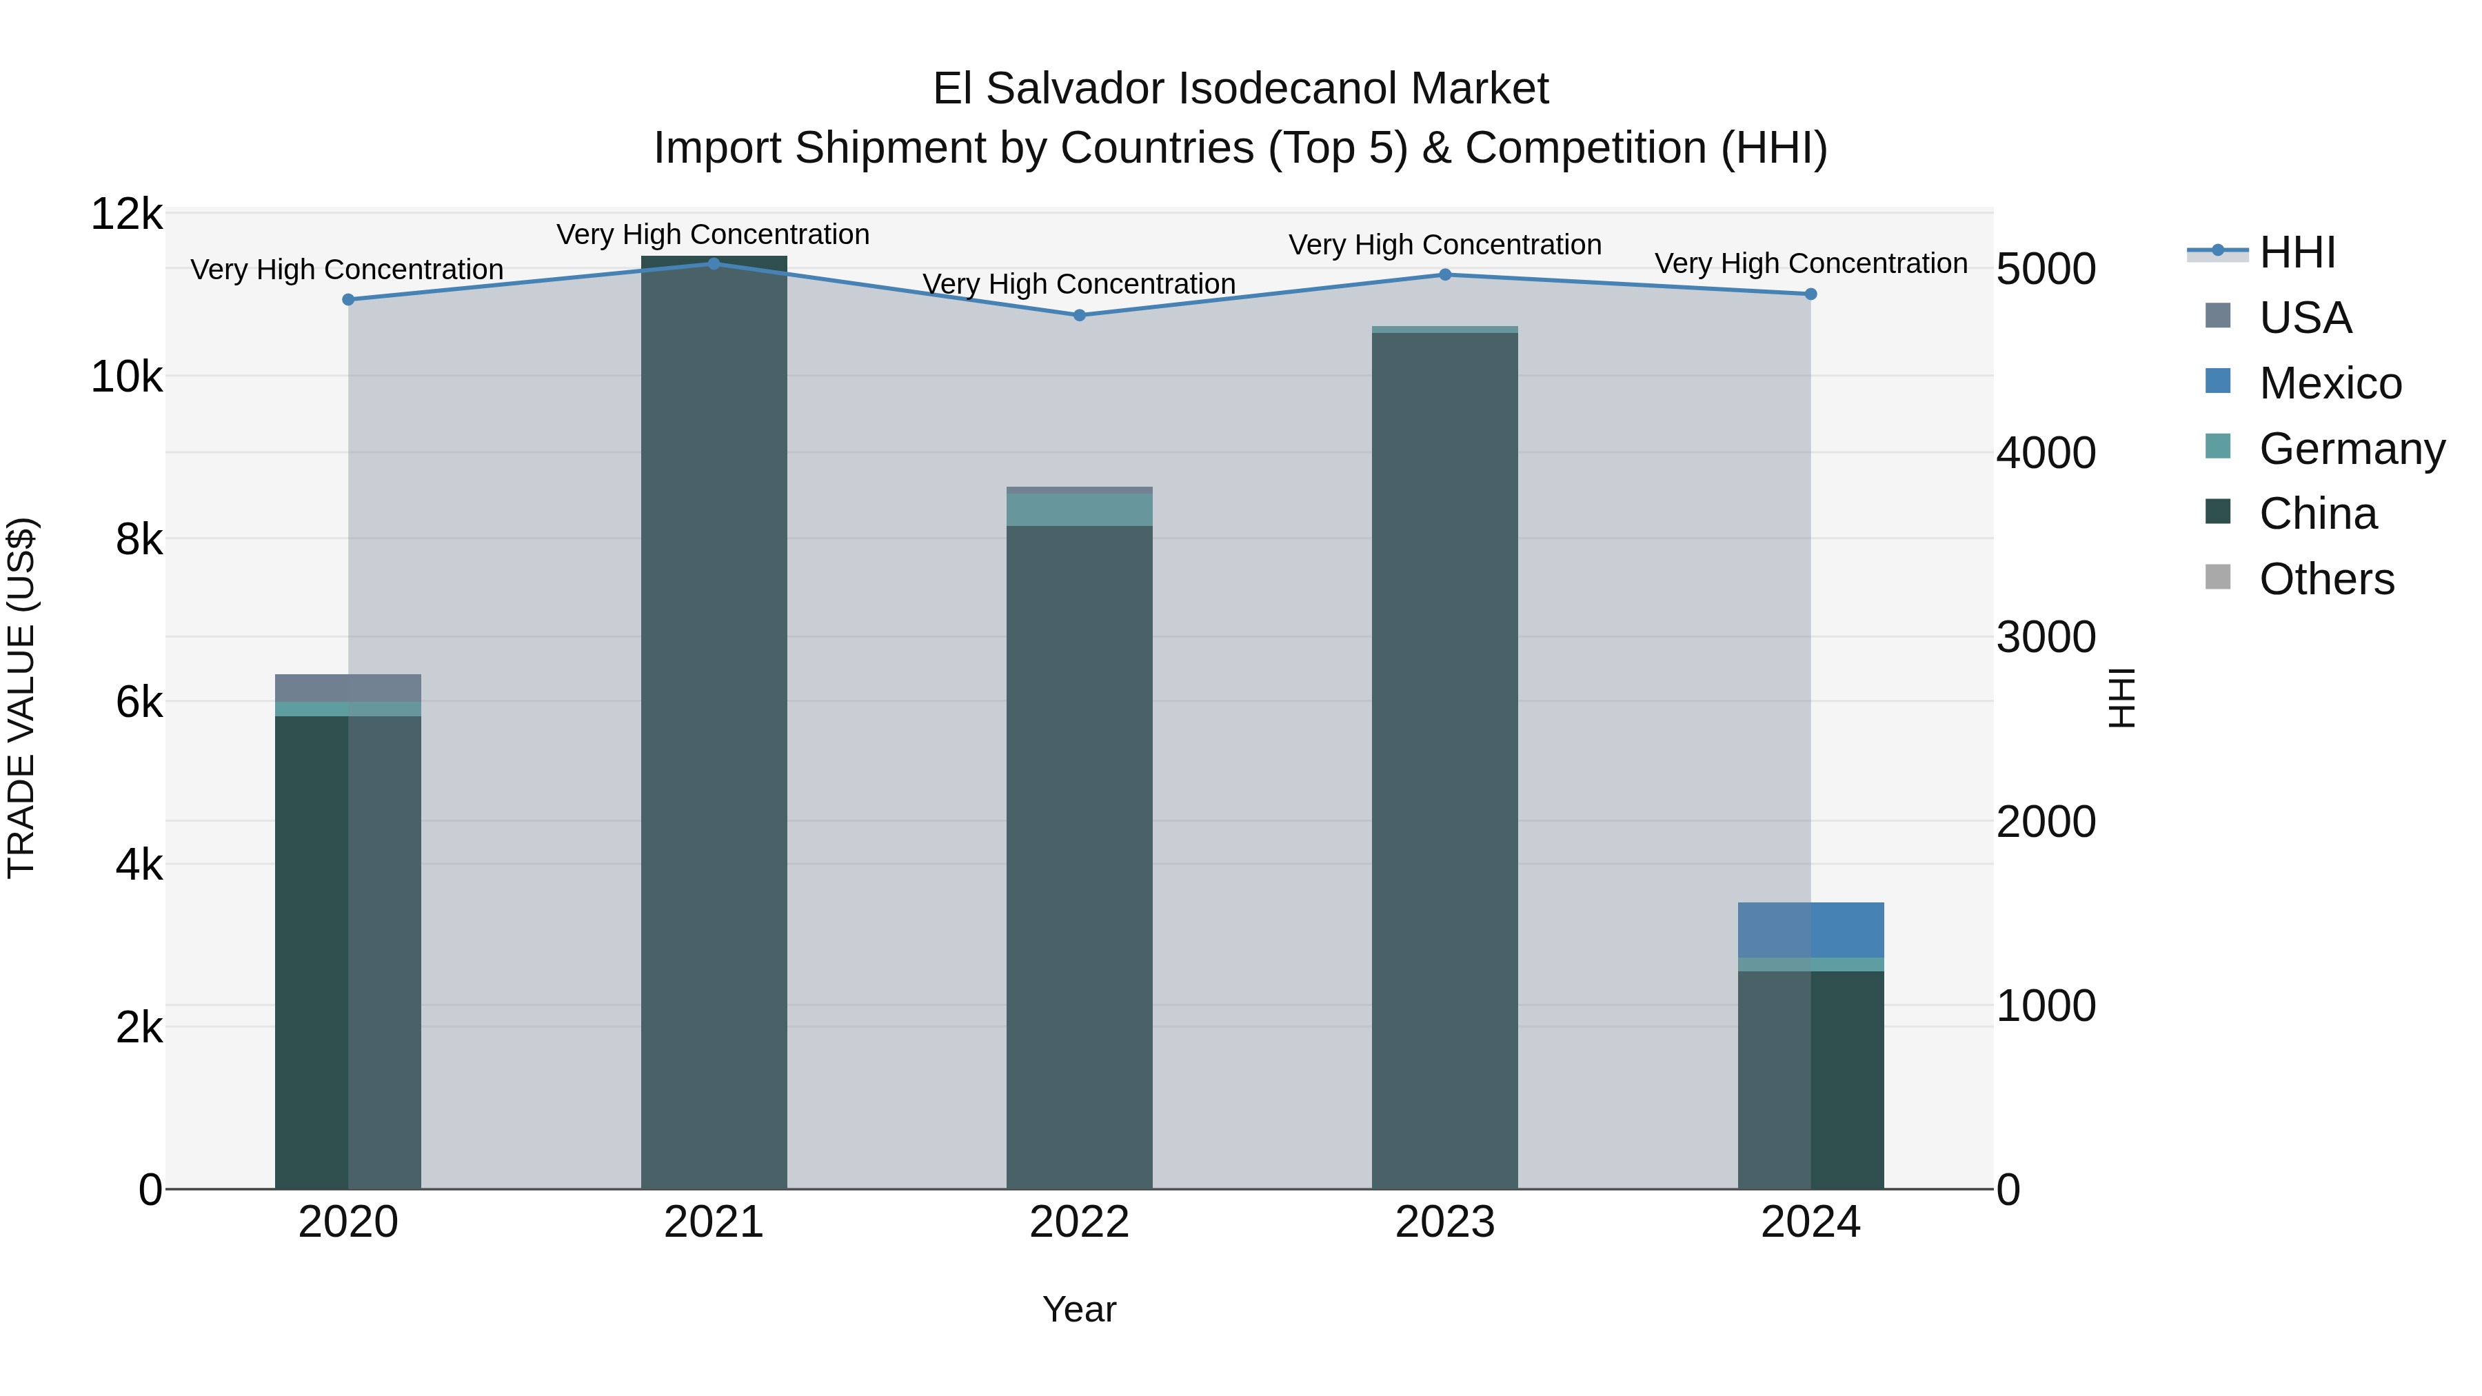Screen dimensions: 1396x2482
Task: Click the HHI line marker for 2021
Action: (714, 263)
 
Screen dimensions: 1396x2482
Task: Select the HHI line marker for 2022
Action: (1079, 315)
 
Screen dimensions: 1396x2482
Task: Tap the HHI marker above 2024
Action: (1810, 294)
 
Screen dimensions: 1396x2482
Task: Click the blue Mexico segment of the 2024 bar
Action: (1810, 930)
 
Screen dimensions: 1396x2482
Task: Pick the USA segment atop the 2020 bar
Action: (348, 688)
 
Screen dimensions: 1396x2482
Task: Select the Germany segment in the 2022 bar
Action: (1079, 509)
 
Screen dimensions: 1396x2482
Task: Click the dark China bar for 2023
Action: (1444, 761)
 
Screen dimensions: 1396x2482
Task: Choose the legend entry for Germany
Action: (2351, 449)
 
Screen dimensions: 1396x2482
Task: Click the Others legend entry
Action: (2326, 579)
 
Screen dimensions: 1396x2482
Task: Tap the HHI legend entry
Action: (2297, 252)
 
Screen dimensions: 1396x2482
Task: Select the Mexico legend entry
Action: (2330, 383)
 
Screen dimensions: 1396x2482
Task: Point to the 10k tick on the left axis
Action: (127, 376)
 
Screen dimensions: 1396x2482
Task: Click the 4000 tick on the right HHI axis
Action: (2046, 453)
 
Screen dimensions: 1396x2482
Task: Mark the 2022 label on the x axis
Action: (1079, 1222)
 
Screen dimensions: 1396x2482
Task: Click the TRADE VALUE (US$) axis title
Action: (21, 698)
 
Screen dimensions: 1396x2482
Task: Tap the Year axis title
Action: (1079, 1309)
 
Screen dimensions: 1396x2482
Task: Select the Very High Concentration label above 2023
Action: (1444, 245)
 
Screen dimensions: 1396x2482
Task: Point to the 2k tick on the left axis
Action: (139, 1028)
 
